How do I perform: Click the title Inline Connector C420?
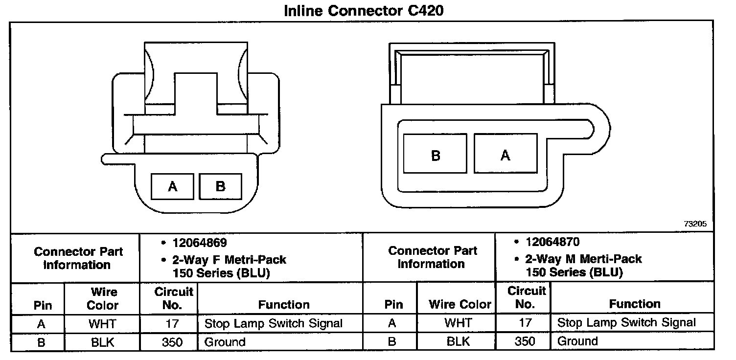tap(364, 10)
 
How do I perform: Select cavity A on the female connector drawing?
tap(172, 186)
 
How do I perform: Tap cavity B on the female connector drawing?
tap(220, 186)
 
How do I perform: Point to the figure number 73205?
tap(695, 224)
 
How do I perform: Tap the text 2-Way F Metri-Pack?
tap(230, 259)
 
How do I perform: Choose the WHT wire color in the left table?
tap(102, 323)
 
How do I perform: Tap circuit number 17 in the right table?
tap(525, 323)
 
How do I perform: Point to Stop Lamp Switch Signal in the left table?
tap(274, 323)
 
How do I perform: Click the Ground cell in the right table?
tap(577, 341)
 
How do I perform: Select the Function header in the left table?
tap(284, 305)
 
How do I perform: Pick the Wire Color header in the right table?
tap(460, 304)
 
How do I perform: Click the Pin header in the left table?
tap(42, 305)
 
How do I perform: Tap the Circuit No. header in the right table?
tap(526, 297)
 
